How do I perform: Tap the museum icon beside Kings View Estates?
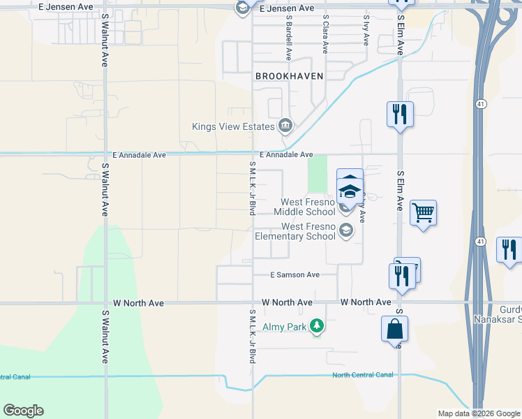[x=285, y=126]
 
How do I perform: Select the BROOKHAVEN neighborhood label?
[x=289, y=76]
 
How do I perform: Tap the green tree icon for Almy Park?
[x=317, y=326]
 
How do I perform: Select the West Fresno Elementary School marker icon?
[x=345, y=230]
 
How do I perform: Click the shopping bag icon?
[x=394, y=329]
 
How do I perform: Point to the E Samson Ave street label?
[x=295, y=275]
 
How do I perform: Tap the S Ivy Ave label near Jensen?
[x=366, y=31]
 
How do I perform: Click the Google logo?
[x=23, y=411]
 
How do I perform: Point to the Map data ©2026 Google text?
[x=479, y=413]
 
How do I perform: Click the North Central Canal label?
[x=362, y=375]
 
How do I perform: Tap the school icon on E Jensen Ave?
[x=242, y=8]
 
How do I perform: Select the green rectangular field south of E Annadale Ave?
[x=318, y=174]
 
